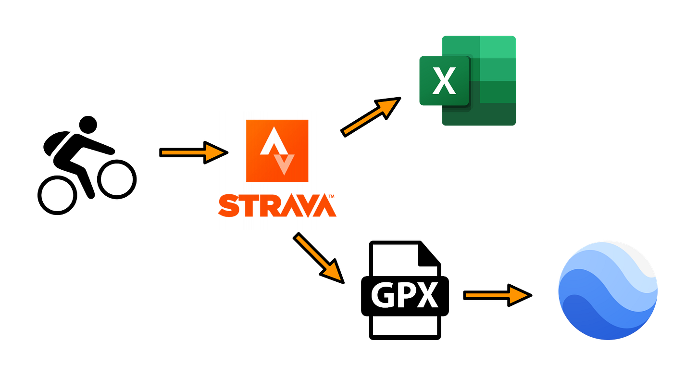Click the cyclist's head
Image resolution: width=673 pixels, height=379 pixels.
(x=88, y=125)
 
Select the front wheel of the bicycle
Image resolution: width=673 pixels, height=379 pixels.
(x=117, y=179)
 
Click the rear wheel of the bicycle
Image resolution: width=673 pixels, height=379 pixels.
(x=57, y=195)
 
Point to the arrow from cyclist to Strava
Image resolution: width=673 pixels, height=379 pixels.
(x=194, y=152)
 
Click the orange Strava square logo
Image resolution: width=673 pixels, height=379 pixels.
(x=277, y=151)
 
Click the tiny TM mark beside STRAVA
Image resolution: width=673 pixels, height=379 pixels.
(x=331, y=196)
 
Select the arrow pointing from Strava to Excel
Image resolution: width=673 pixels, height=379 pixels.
(x=371, y=117)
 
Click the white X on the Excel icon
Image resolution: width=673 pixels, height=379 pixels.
(x=444, y=81)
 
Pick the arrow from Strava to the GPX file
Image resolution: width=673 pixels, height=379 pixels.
(x=319, y=258)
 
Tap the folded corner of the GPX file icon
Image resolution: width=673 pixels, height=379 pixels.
(x=429, y=254)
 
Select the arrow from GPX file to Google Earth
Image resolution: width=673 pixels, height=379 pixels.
(x=498, y=295)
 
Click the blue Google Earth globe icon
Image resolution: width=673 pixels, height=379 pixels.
(x=608, y=291)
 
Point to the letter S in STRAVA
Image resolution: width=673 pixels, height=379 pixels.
(x=229, y=205)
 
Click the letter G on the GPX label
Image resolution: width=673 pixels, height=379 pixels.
(x=383, y=295)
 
